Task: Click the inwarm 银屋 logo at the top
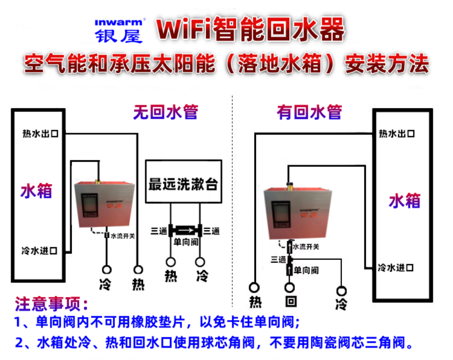point(118,30)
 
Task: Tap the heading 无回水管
point(165,112)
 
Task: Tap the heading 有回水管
point(309,112)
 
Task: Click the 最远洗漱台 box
point(183,182)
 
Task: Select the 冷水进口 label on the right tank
point(395,268)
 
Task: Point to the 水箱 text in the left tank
point(36,191)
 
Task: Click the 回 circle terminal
point(290,288)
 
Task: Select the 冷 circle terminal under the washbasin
point(200,262)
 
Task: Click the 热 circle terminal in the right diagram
point(255,288)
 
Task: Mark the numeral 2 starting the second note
point(19,343)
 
